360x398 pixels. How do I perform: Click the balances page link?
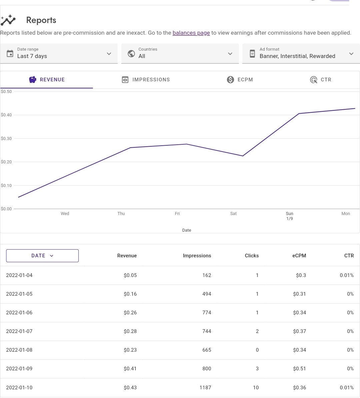tap(191, 33)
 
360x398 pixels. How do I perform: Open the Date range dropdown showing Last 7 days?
tap(59, 53)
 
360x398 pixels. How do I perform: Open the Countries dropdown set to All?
tap(180, 53)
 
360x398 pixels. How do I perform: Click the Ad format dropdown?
tap(301, 53)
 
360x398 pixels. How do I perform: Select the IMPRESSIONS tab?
tap(146, 80)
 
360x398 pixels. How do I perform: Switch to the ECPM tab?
tap(240, 80)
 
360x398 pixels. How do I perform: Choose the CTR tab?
tap(321, 80)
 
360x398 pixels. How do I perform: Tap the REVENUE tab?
tap(47, 80)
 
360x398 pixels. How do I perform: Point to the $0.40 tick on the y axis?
tap(6, 115)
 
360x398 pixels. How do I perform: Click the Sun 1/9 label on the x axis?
tap(289, 216)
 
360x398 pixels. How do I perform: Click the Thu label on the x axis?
tap(121, 214)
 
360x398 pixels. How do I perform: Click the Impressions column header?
tap(197, 256)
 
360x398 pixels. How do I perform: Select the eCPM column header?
tap(299, 256)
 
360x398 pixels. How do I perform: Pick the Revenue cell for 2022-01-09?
tap(130, 369)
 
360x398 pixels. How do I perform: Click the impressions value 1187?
tap(205, 388)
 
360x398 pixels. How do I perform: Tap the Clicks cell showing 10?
tap(256, 388)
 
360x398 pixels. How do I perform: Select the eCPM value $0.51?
tap(299, 369)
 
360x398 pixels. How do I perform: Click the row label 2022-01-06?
tap(19, 313)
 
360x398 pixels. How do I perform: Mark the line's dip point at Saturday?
tap(243, 156)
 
